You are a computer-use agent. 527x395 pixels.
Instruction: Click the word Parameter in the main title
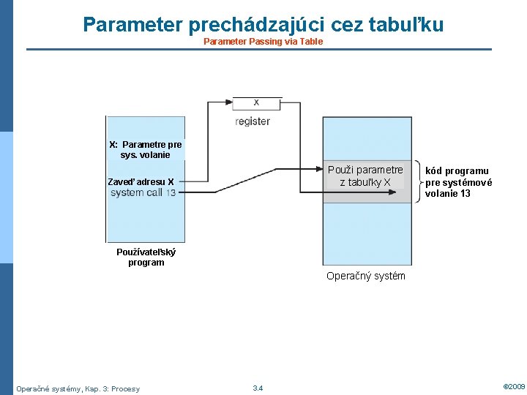pyautogui.click(x=132, y=25)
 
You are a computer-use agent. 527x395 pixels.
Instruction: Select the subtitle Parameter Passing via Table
pyautogui.click(x=263, y=42)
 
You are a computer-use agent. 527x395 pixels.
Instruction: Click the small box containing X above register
pyautogui.click(x=256, y=102)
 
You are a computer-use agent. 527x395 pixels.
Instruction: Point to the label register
pyautogui.click(x=253, y=121)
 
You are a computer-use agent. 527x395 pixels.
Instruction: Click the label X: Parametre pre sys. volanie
pyautogui.click(x=145, y=149)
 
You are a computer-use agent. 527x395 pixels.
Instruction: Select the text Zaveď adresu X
pyautogui.click(x=141, y=181)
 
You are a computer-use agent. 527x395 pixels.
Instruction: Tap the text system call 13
pyautogui.click(x=143, y=193)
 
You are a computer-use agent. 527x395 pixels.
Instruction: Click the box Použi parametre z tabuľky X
pyautogui.click(x=365, y=176)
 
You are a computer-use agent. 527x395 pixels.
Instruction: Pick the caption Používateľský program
pyautogui.click(x=146, y=257)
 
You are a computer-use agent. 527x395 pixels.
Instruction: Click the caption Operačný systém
pyautogui.click(x=365, y=276)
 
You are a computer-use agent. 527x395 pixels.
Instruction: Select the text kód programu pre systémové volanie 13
pyautogui.click(x=458, y=182)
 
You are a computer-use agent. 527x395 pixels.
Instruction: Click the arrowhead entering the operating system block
pyautogui.click(x=326, y=193)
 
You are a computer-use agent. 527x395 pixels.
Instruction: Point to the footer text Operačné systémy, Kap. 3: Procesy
pyautogui.click(x=78, y=388)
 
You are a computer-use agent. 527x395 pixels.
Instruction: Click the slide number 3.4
pyautogui.click(x=258, y=388)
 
